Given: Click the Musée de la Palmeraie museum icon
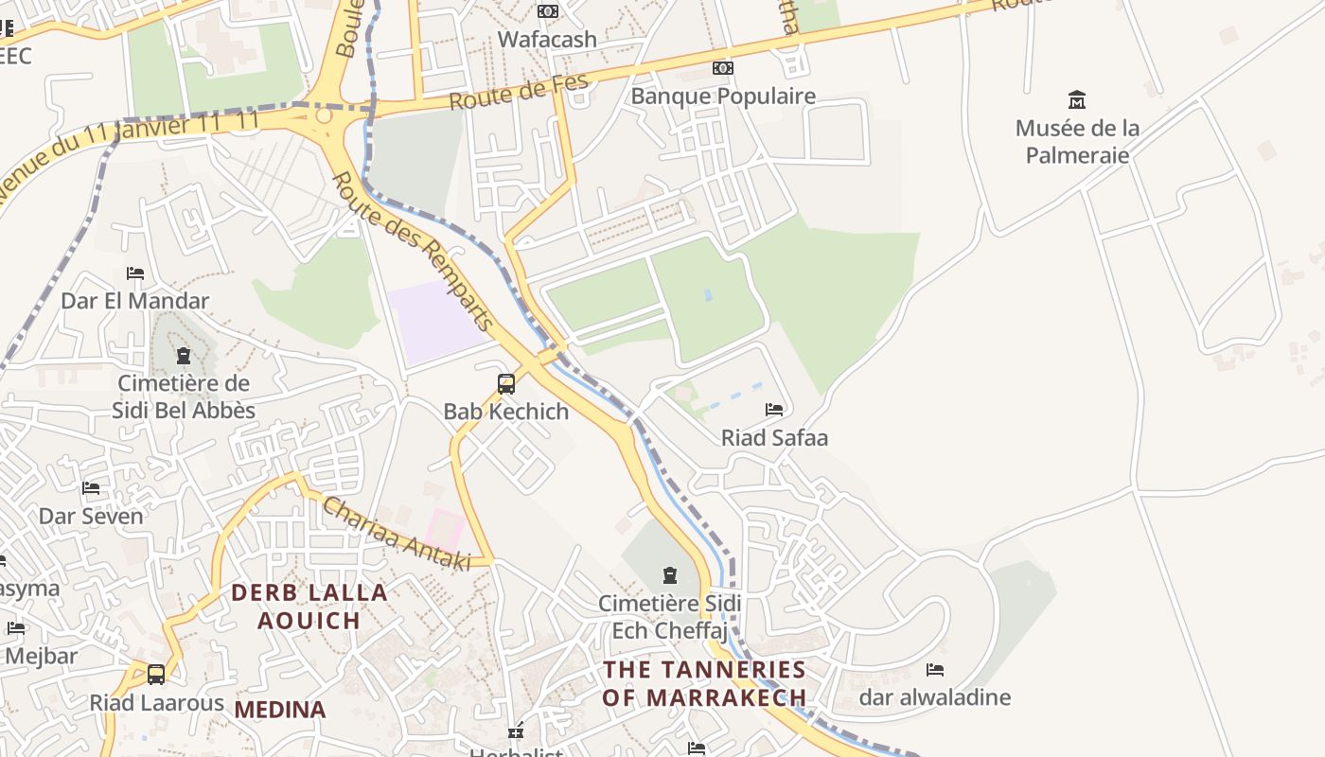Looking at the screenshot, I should coord(1076,99).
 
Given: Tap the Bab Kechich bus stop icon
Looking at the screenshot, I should coord(506,384).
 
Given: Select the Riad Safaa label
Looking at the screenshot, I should coord(774,437).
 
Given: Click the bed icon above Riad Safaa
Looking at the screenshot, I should coord(774,410).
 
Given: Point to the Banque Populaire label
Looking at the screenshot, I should coord(723,97).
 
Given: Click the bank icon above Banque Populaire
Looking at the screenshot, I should coord(723,68).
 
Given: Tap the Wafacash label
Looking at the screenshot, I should coord(547,40).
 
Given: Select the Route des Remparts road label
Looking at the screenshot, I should coord(414,252).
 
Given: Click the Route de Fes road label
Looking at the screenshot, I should coord(519,92).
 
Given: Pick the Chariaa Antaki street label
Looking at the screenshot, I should coord(397,535).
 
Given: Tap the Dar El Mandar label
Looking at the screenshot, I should coord(135,301).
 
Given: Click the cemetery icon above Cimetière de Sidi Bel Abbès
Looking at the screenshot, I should coord(183,356).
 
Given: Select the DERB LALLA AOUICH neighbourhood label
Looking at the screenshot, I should coord(309,607).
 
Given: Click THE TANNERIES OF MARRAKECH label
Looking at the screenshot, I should coord(705,683).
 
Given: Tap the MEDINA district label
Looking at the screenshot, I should coord(280,709).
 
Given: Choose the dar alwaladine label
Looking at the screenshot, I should coord(935,697).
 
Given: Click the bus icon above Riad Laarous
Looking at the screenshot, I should coord(156,675).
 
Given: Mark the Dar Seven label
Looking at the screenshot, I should coord(91,516).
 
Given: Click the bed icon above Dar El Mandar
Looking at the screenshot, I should coord(135,273).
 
